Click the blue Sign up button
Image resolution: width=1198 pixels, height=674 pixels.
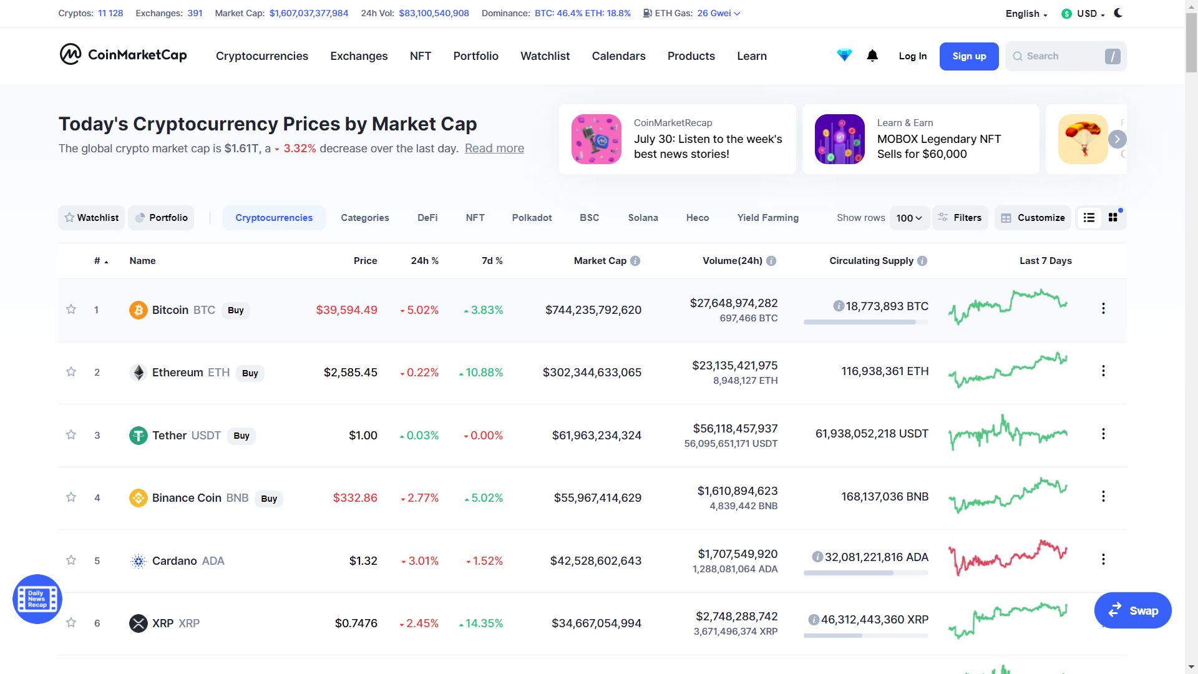(x=968, y=56)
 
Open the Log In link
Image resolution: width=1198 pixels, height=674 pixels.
(x=912, y=56)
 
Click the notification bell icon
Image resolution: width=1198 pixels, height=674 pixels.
(x=872, y=56)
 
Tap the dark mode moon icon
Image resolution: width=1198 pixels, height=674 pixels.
(x=1118, y=13)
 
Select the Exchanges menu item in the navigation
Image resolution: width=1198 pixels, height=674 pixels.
(x=359, y=56)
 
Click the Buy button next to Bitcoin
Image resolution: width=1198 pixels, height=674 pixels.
(x=236, y=311)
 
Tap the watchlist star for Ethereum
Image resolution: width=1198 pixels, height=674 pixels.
(x=71, y=372)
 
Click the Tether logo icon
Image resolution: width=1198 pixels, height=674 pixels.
(x=138, y=436)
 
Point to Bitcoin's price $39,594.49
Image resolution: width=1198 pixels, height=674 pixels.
(x=346, y=310)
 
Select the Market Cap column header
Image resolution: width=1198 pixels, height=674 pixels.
(x=600, y=261)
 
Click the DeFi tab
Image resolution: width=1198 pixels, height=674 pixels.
(x=427, y=218)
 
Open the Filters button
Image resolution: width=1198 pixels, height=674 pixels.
(x=960, y=218)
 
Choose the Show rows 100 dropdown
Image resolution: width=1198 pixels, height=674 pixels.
(x=909, y=218)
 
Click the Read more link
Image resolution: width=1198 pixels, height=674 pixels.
(x=494, y=149)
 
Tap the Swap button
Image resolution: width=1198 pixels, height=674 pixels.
(x=1132, y=611)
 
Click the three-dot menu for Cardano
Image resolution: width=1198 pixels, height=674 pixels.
(x=1103, y=559)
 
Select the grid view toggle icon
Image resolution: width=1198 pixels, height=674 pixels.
(x=1113, y=218)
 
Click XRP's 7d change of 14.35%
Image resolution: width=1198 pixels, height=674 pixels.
(x=484, y=623)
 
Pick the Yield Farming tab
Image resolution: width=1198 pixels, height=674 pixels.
(x=767, y=218)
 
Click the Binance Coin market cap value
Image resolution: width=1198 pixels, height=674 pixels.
(x=597, y=498)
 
